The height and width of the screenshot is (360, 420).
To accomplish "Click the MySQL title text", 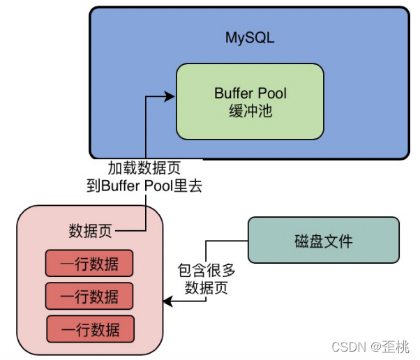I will (x=249, y=38).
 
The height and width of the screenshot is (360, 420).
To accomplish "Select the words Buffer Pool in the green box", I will (x=250, y=93).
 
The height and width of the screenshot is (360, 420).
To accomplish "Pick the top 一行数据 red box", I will (x=89, y=264).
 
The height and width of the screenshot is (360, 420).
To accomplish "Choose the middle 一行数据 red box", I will (x=89, y=296).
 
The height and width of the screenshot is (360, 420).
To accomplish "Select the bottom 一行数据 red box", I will (x=90, y=329).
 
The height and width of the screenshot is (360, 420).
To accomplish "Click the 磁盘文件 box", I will (x=324, y=241).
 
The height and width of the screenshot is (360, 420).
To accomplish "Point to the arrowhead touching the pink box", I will (x=167, y=301).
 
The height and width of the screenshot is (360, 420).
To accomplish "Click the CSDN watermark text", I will (x=347, y=347).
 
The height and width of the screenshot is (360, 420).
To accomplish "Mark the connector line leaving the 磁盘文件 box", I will (x=227, y=240).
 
